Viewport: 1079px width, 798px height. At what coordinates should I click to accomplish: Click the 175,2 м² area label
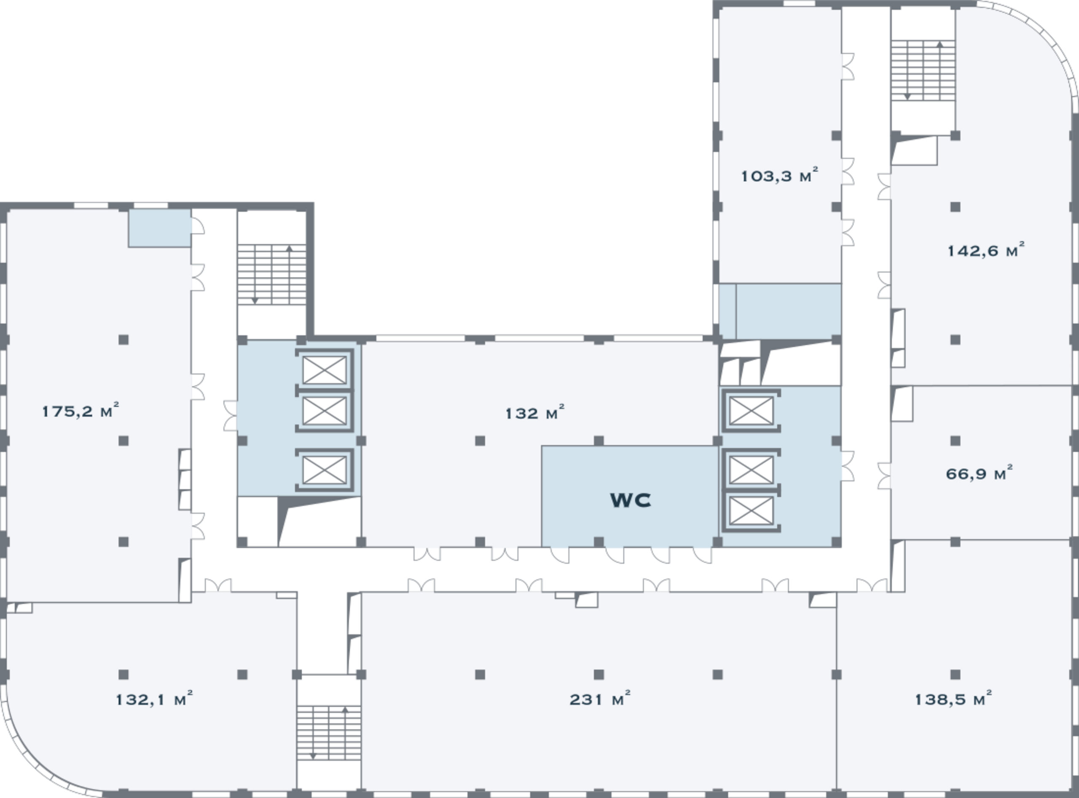tap(80, 411)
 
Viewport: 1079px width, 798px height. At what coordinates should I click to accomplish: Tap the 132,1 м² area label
tap(154, 699)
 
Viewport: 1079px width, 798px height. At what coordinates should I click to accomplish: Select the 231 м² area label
tap(600, 699)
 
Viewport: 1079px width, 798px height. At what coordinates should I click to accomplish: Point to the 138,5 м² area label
tap(953, 699)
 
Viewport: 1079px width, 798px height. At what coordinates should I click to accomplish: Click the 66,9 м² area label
tap(979, 473)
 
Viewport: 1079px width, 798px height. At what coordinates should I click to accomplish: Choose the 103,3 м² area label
tap(780, 175)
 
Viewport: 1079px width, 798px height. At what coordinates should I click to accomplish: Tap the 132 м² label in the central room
tap(535, 413)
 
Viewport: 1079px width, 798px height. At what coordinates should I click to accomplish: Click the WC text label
tap(630, 500)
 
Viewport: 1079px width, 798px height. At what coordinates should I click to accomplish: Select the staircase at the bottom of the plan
tap(328, 732)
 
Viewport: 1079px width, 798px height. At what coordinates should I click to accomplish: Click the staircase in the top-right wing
tap(923, 70)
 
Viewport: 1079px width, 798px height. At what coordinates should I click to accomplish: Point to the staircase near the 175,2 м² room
tap(272, 274)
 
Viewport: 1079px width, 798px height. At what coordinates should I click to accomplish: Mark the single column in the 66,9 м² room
tap(955, 441)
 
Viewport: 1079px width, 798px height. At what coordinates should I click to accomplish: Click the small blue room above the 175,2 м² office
tap(159, 228)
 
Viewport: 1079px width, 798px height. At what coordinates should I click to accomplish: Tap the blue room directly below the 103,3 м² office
tap(780, 312)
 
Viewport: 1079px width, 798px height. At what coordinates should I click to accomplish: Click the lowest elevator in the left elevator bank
tap(324, 470)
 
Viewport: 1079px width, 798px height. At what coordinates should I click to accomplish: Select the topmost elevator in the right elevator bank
tap(751, 411)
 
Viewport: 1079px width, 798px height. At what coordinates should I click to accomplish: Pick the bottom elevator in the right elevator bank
tap(751, 511)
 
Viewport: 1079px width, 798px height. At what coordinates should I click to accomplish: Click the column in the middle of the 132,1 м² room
tap(123, 674)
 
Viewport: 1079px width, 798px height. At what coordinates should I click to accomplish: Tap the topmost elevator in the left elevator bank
tap(324, 370)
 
